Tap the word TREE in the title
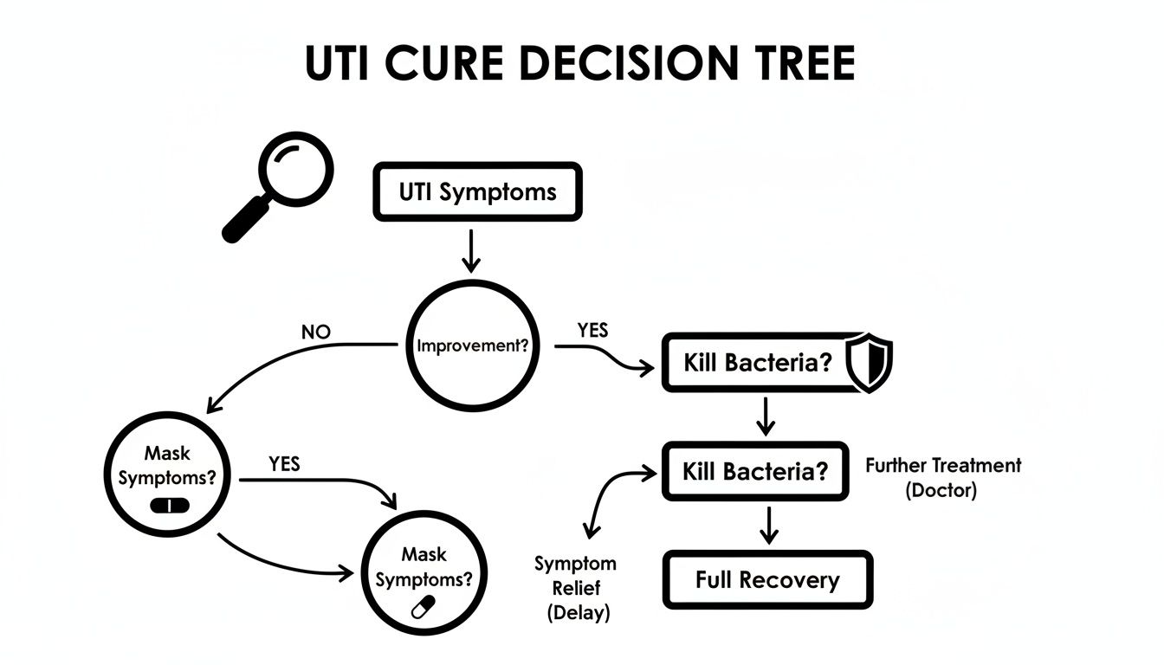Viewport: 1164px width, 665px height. [799, 63]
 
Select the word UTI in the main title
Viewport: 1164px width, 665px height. [345, 63]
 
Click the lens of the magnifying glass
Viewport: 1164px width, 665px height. [297, 165]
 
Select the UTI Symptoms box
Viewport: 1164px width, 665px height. [477, 191]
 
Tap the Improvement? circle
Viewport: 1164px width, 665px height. [472, 345]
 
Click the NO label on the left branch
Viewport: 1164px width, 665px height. [316, 332]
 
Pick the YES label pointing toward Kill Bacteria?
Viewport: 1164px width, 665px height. [592, 330]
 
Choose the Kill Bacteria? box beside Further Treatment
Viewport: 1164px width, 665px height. [755, 472]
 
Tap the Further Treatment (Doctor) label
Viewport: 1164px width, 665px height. [943, 477]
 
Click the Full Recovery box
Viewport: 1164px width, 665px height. [767, 579]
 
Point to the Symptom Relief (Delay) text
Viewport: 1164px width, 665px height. [575, 588]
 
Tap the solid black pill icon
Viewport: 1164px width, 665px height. [170, 505]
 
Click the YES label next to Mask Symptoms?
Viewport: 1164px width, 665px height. [284, 464]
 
